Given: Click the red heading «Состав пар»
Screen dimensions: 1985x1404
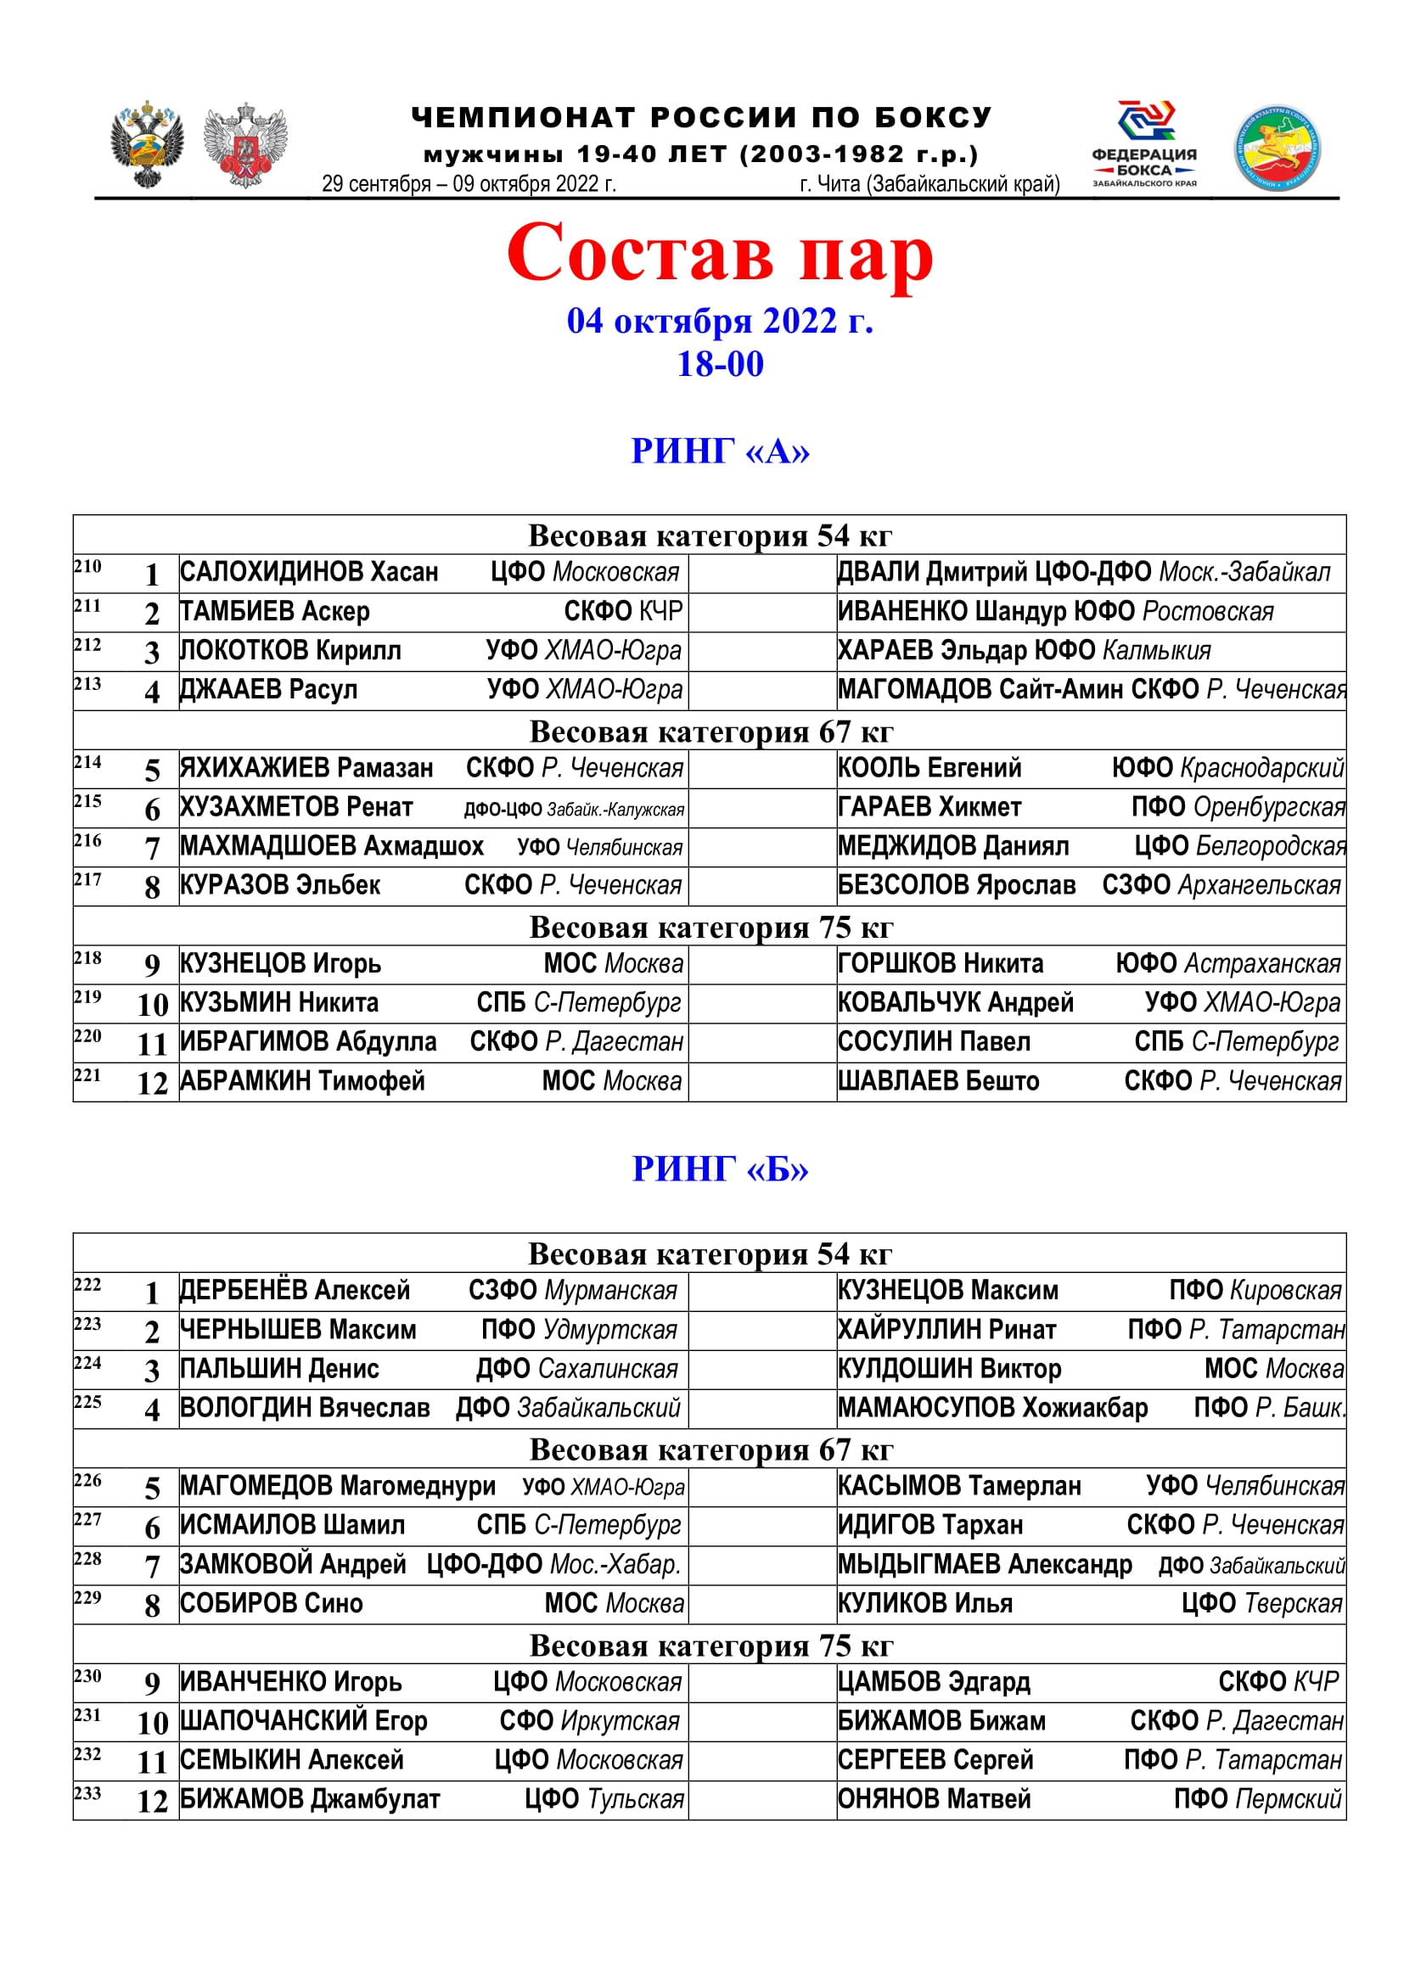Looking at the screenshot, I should [x=719, y=253].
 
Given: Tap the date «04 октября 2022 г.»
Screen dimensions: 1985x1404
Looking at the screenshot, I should [x=719, y=321].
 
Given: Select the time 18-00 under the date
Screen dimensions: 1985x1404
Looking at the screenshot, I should [x=719, y=364].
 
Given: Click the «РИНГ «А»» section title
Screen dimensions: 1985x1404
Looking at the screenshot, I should [x=719, y=451].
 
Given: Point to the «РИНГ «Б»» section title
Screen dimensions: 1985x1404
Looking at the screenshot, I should [x=719, y=1169].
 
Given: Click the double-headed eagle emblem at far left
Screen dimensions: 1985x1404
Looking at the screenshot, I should [x=147, y=143].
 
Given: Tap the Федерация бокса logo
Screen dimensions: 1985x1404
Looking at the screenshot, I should [x=1143, y=143].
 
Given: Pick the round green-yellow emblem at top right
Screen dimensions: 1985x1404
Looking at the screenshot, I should [x=1276, y=148].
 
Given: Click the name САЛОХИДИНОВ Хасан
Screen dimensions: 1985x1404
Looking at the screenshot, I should [x=309, y=572].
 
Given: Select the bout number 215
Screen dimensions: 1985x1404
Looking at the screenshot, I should [x=87, y=801].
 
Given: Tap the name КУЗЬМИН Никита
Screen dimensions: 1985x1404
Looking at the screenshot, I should [x=279, y=1003].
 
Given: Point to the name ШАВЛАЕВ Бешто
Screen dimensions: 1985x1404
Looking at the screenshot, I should [x=938, y=1080].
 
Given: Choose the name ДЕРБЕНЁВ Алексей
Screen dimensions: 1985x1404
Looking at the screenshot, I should [x=295, y=1290].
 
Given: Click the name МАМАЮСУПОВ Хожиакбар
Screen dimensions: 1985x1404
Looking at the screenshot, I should [x=992, y=1407].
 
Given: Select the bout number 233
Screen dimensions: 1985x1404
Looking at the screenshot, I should [x=87, y=1793].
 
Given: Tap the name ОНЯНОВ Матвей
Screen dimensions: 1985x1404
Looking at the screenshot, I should [x=934, y=1799].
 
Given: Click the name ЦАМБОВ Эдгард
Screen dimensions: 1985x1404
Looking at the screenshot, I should [x=934, y=1681].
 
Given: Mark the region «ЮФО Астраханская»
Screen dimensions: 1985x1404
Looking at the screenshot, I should [x=1227, y=963].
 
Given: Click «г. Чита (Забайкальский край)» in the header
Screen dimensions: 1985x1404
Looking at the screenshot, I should [x=929, y=184].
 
